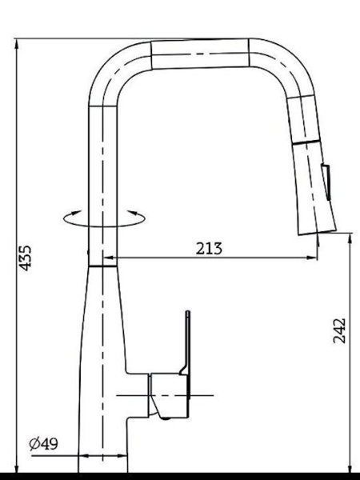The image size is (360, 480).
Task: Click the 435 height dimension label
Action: click(25, 258)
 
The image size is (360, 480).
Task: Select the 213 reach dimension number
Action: click(209, 248)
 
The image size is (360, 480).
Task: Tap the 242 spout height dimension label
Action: click(339, 330)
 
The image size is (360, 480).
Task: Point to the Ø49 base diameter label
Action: click(43, 444)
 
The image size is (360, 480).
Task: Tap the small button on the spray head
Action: click(326, 182)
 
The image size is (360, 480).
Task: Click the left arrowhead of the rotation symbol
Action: click(76, 213)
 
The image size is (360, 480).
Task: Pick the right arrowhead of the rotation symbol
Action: click(133, 213)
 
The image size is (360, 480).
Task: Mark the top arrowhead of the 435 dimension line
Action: click(17, 44)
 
